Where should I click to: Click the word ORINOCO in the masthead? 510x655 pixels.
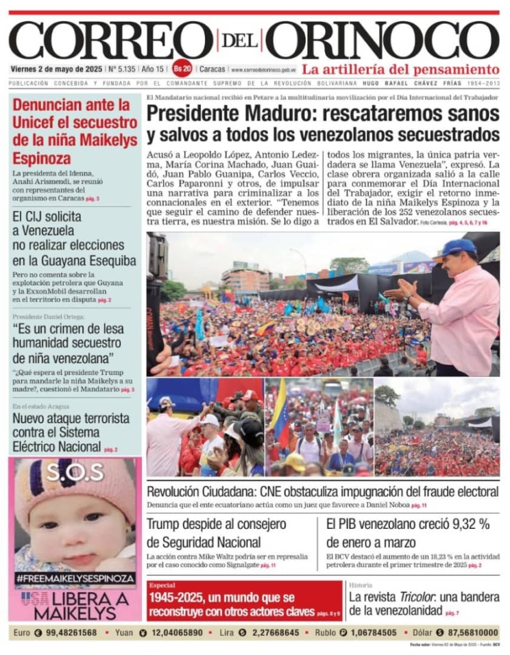(382, 41)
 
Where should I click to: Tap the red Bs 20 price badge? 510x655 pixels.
(182, 69)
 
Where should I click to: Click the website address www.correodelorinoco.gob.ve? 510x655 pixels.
(263, 70)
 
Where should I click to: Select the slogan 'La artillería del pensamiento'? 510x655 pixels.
(400, 69)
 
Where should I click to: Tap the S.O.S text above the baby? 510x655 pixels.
(75, 471)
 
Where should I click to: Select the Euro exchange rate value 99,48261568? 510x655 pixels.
(71, 632)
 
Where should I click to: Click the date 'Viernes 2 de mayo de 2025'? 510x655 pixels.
(53, 69)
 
